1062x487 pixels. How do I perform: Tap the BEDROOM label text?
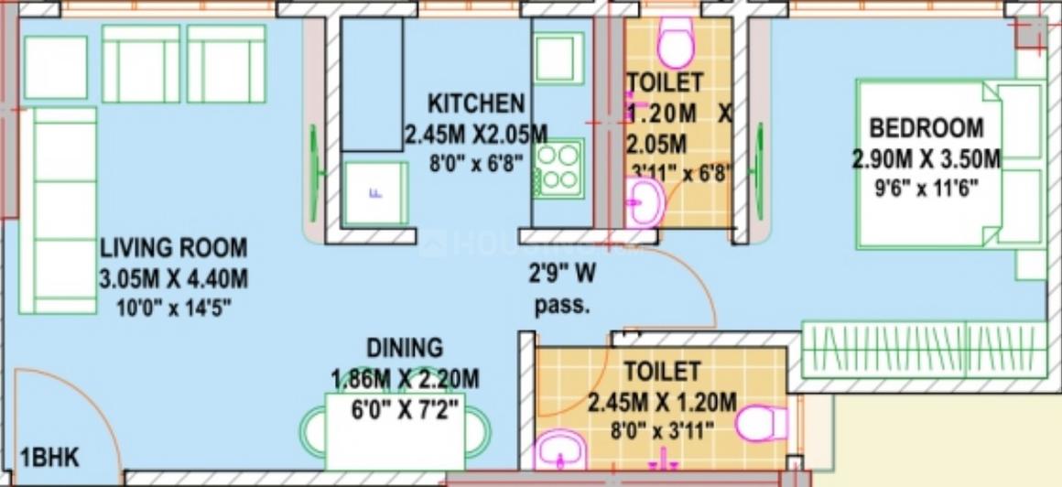point(927,128)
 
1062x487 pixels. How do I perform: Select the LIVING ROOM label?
point(173,248)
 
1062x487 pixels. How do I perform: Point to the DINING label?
point(405,348)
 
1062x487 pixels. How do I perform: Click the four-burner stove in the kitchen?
point(559,168)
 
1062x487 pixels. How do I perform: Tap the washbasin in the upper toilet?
point(646,200)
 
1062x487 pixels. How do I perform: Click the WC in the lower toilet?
point(762,424)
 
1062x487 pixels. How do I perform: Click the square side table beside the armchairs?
point(56,67)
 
